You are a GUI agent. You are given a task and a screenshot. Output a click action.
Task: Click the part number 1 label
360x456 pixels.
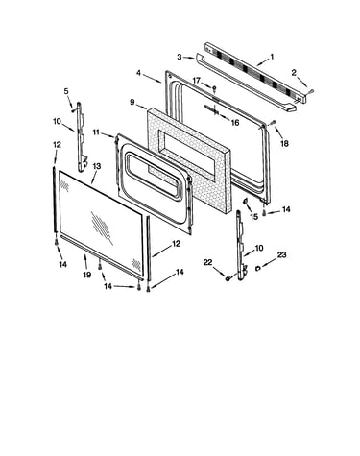click(272, 57)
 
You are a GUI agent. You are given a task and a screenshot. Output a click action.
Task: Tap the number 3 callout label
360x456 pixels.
click(180, 57)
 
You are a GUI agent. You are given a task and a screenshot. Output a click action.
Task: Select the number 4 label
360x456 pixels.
click(138, 73)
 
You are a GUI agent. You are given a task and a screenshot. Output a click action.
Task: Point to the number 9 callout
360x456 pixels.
click(132, 102)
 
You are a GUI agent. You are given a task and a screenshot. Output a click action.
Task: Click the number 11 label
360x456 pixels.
click(97, 132)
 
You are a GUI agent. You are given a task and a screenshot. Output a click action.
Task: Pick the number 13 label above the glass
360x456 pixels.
click(97, 166)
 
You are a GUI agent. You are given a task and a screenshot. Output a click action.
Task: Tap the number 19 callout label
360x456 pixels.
click(87, 275)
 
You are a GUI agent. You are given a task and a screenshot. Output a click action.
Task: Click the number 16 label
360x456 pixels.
click(235, 123)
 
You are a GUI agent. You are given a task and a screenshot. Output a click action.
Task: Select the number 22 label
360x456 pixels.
click(207, 262)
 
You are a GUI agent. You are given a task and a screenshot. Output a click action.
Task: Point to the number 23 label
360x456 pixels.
click(281, 255)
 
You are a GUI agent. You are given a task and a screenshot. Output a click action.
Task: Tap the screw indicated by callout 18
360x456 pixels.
click(273, 122)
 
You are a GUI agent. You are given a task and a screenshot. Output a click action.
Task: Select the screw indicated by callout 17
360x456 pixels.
click(214, 87)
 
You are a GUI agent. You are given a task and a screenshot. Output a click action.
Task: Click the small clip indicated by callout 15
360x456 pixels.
click(246, 201)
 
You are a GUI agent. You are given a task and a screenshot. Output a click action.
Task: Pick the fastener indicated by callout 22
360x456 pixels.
click(228, 278)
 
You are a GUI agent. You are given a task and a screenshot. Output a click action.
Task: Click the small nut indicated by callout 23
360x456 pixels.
click(257, 268)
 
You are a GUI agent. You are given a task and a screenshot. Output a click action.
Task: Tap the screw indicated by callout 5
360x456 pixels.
click(74, 110)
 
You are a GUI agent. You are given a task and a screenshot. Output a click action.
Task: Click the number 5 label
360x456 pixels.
click(66, 91)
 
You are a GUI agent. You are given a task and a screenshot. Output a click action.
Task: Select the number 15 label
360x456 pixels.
click(253, 217)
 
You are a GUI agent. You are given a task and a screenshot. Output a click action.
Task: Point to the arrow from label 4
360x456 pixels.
click(152, 79)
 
